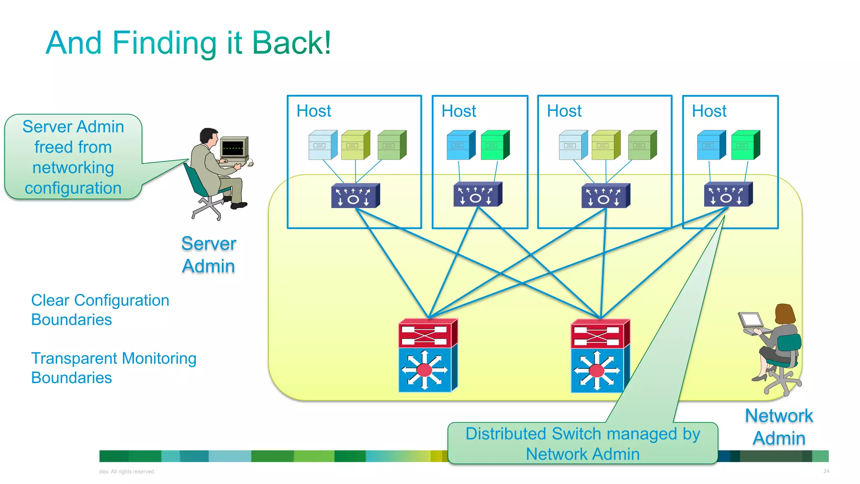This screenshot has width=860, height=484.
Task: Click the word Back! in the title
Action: click(291, 43)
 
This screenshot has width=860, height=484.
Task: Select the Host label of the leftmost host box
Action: click(314, 111)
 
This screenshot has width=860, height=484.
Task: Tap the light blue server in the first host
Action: click(322, 145)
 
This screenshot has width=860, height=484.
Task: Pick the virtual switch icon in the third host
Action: click(605, 196)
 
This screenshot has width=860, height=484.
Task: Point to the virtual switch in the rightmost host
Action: click(728, 195)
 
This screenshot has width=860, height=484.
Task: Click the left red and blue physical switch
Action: click(427, 355)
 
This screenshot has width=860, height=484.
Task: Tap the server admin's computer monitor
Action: click(234, 147)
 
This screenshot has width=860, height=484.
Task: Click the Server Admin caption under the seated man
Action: click(209, 255)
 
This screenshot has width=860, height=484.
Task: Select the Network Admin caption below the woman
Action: click(779, 427)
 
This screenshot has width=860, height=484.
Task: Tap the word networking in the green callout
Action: click(73, 168)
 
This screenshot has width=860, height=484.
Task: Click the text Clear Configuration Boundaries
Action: click(100, 310)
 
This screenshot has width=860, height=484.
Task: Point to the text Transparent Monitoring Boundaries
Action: click(113, 368)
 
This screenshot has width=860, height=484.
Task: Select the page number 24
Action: click(826, 471)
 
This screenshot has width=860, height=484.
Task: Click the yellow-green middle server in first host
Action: click(355, 145)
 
